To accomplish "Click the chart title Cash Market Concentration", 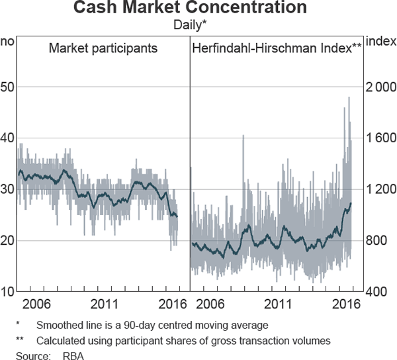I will pyautogui.click(x=199, y=9).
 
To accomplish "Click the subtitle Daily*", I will pyautogui.click(x=199, y=24).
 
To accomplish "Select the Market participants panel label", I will pyautogui.click(x=103, y=48).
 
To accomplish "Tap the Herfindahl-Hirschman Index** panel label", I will pyautogui.click(x=277, y=48).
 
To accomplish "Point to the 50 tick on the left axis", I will pyautogui.click(x=9, y=87).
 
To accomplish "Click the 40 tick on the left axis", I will pyautogui.click(x=9, y=138).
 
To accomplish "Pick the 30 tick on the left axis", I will pyautogui.click(x=9, y=189).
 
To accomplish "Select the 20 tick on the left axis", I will pyautogui.click(x=9, y=240).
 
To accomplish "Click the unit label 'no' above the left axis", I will pyautogui.click(x=8, y=41).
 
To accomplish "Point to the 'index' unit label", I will pyautogui.click(x=380, y=41).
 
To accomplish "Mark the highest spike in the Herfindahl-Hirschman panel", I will pyautogui.click(x=349, y=98).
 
